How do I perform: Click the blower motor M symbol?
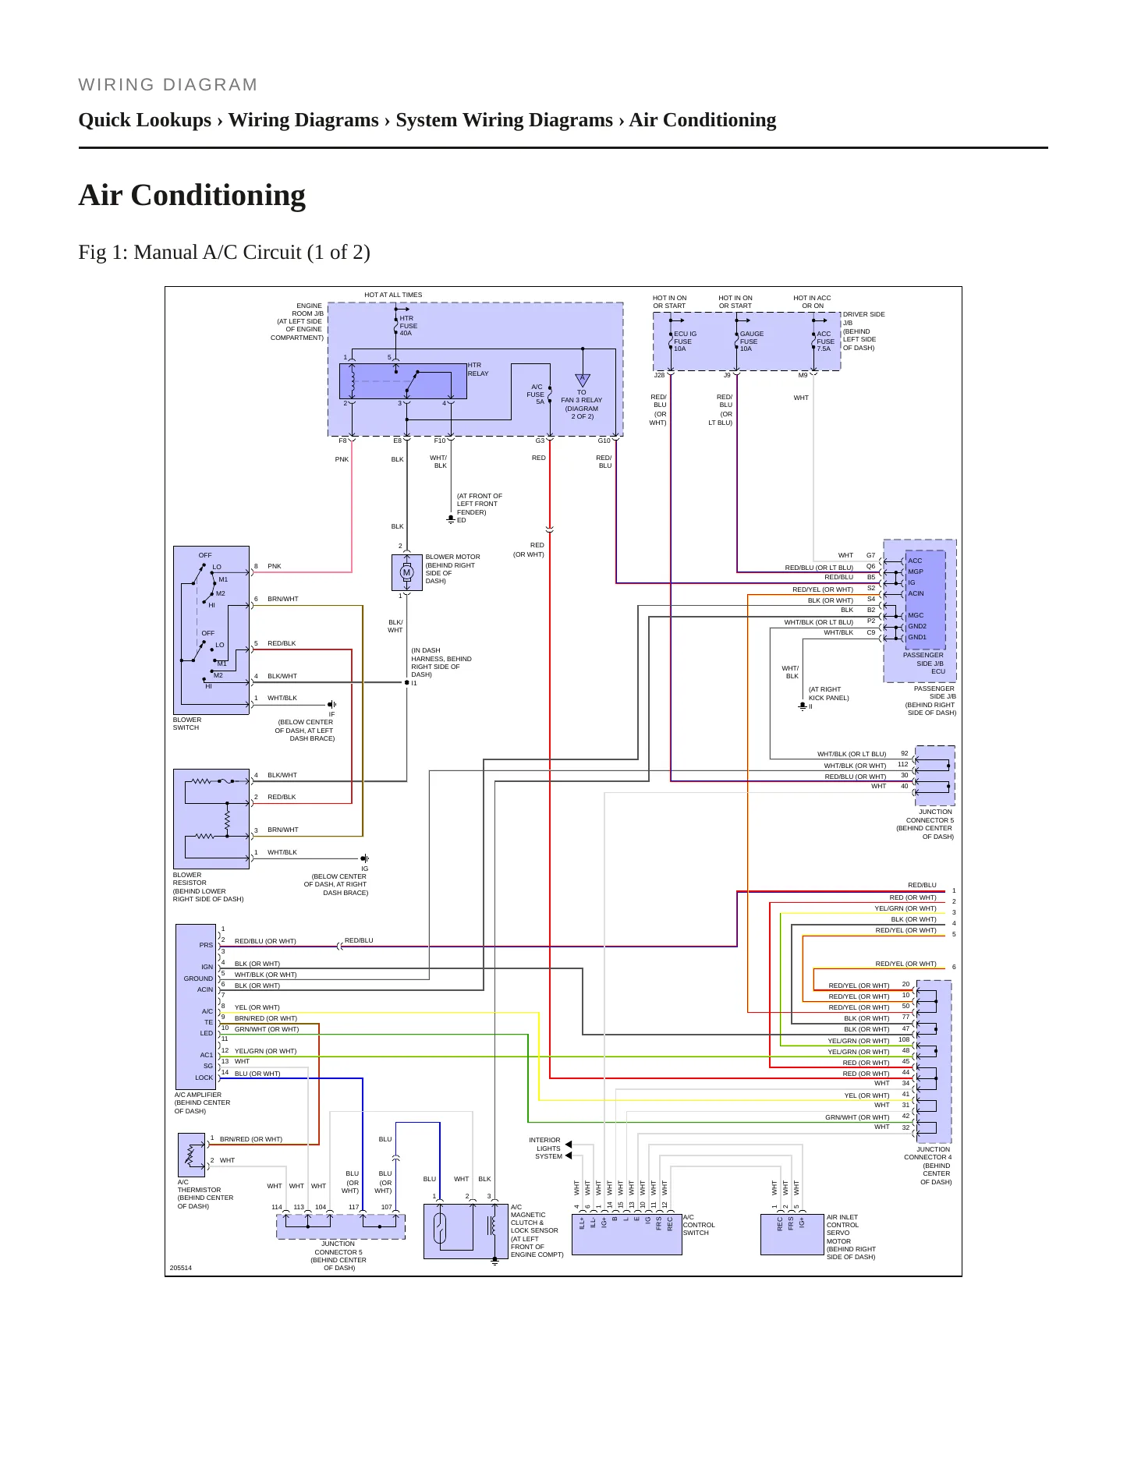406,572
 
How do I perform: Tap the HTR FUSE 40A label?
409,326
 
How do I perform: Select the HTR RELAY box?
402,381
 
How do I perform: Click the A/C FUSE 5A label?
536,395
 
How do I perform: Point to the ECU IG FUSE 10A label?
685,341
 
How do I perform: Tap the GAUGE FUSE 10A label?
751,341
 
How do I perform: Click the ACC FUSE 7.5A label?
825,341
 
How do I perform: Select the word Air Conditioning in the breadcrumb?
703,120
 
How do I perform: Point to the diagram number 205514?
181,1268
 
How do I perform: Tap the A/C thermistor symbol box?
192,1155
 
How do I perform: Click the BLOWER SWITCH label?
187,724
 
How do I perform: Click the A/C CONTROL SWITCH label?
699,1225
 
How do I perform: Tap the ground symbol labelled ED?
451,518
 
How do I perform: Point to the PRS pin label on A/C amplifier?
206,945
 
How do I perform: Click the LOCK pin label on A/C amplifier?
204,1078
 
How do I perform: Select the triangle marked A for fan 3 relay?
582,380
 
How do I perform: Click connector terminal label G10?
604,441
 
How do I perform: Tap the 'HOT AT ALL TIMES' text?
393,295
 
